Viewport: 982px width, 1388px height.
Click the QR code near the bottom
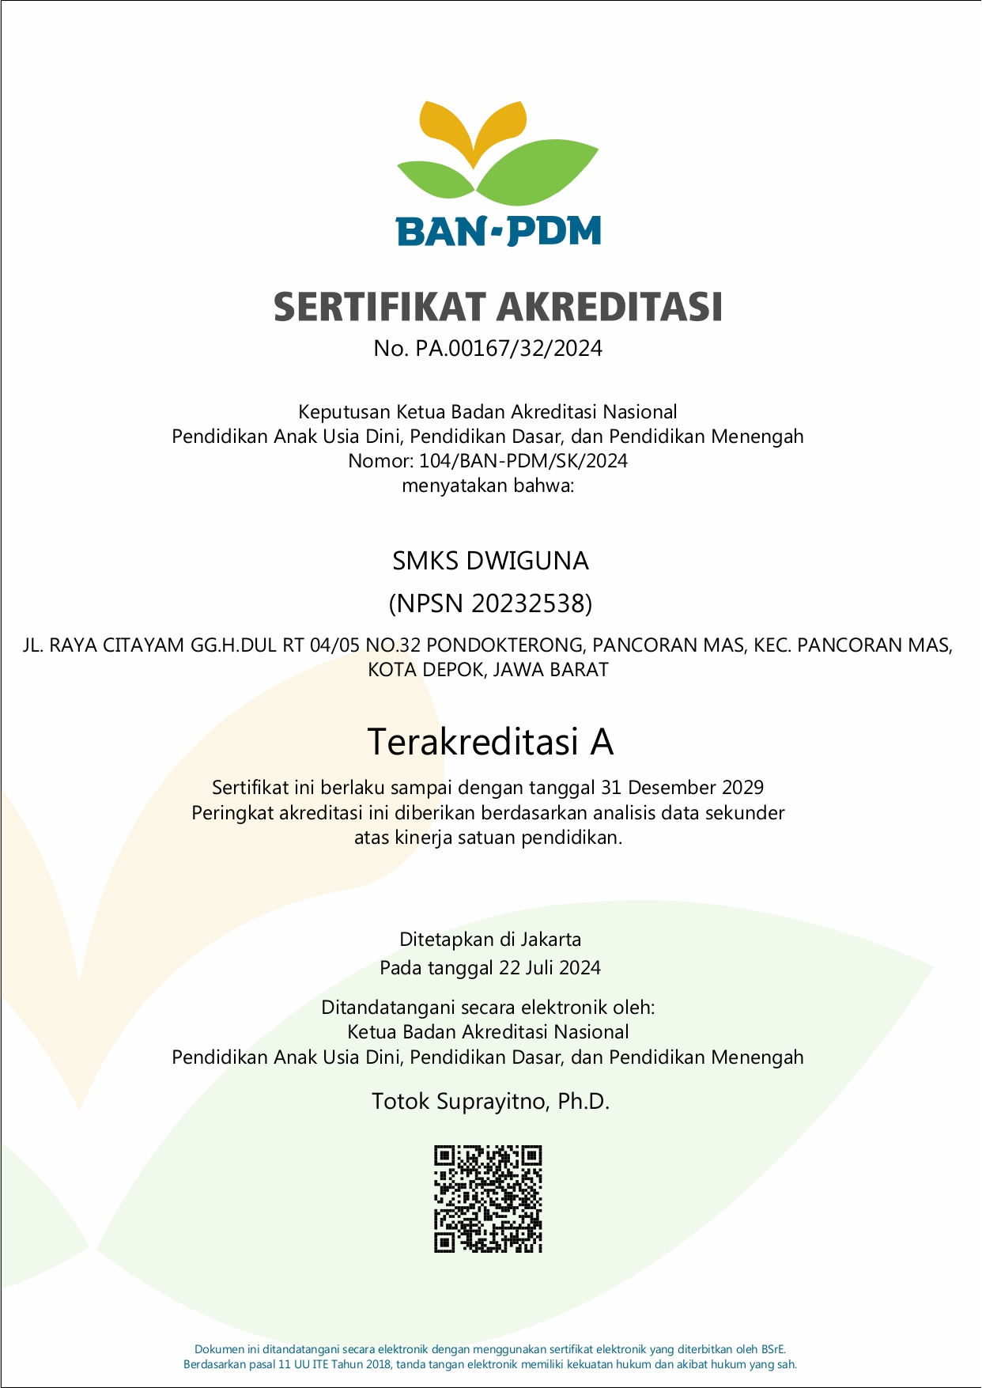[488, 1199]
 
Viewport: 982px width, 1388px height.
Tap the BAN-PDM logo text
[499, 231]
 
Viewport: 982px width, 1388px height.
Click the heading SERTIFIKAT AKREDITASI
[498, 307]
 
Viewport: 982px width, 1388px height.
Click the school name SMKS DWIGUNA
[490, 561]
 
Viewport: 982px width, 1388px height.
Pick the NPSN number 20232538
[529, 603]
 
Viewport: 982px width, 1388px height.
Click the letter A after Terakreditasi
[602, 742]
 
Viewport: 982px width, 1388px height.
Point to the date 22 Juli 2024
[550, 968]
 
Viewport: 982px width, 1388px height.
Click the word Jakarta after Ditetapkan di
[550, 940]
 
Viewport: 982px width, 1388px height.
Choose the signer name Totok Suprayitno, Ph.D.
[490, 1102]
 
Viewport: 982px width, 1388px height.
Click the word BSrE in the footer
[772, 1349]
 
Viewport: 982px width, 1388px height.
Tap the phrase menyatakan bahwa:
[488, 486]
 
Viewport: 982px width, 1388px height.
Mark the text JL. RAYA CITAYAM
[104, 645]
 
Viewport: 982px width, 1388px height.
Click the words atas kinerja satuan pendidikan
[488, 838]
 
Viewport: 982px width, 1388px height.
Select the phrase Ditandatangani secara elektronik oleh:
[488, 1008]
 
